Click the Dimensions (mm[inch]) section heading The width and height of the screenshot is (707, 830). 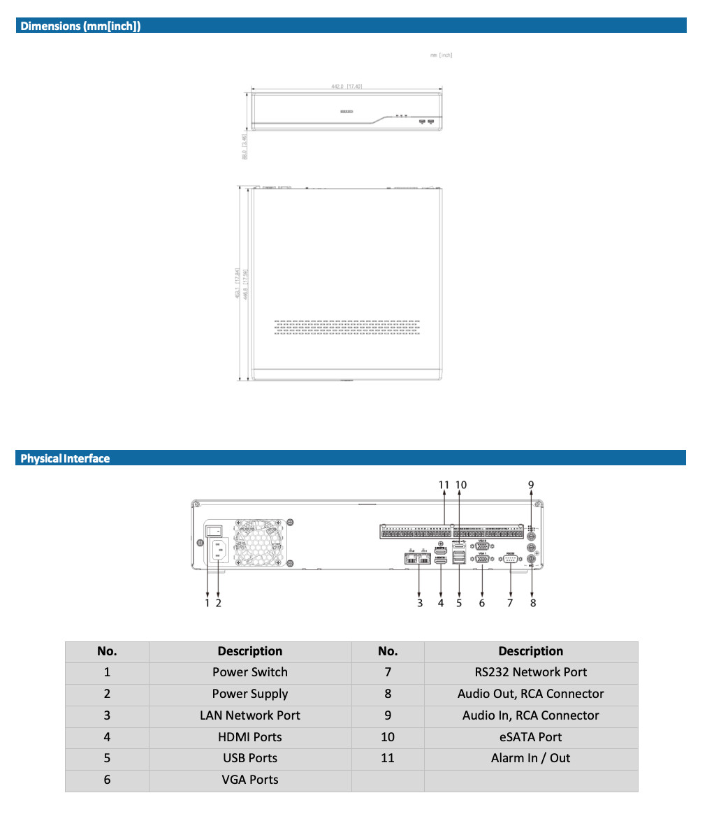click(x=80, y=27)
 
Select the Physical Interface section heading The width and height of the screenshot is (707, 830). click(x=65, y=458)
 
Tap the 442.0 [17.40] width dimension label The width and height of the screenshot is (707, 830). click(x=346, y=86)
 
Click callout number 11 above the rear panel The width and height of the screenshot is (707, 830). click(x=444, y=485)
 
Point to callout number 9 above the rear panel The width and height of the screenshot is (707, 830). click(x=531, y=485)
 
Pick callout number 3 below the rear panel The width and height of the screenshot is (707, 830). click(x=420, y=603)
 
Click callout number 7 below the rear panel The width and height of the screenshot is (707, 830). click(x=510, y=603)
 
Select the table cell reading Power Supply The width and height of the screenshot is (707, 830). click(x=250, y=694)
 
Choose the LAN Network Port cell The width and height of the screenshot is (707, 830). click(x=250, y=715)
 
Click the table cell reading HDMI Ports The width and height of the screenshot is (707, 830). click(x=250, y=737)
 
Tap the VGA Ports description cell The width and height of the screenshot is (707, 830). click(x=250, y=780)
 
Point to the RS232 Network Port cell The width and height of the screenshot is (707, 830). click(x=530, y=672)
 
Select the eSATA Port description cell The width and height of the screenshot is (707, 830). click(x=530, y=737)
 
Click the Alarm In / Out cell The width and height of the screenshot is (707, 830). click(x=530, y=758)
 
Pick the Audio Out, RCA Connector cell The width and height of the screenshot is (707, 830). click(x=530, y=694)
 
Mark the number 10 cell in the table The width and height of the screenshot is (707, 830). click(x=388, y=737)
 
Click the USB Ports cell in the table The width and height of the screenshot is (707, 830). click(x=250, y=758)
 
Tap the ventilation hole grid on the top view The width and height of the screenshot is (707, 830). click(x=347, y=328)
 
